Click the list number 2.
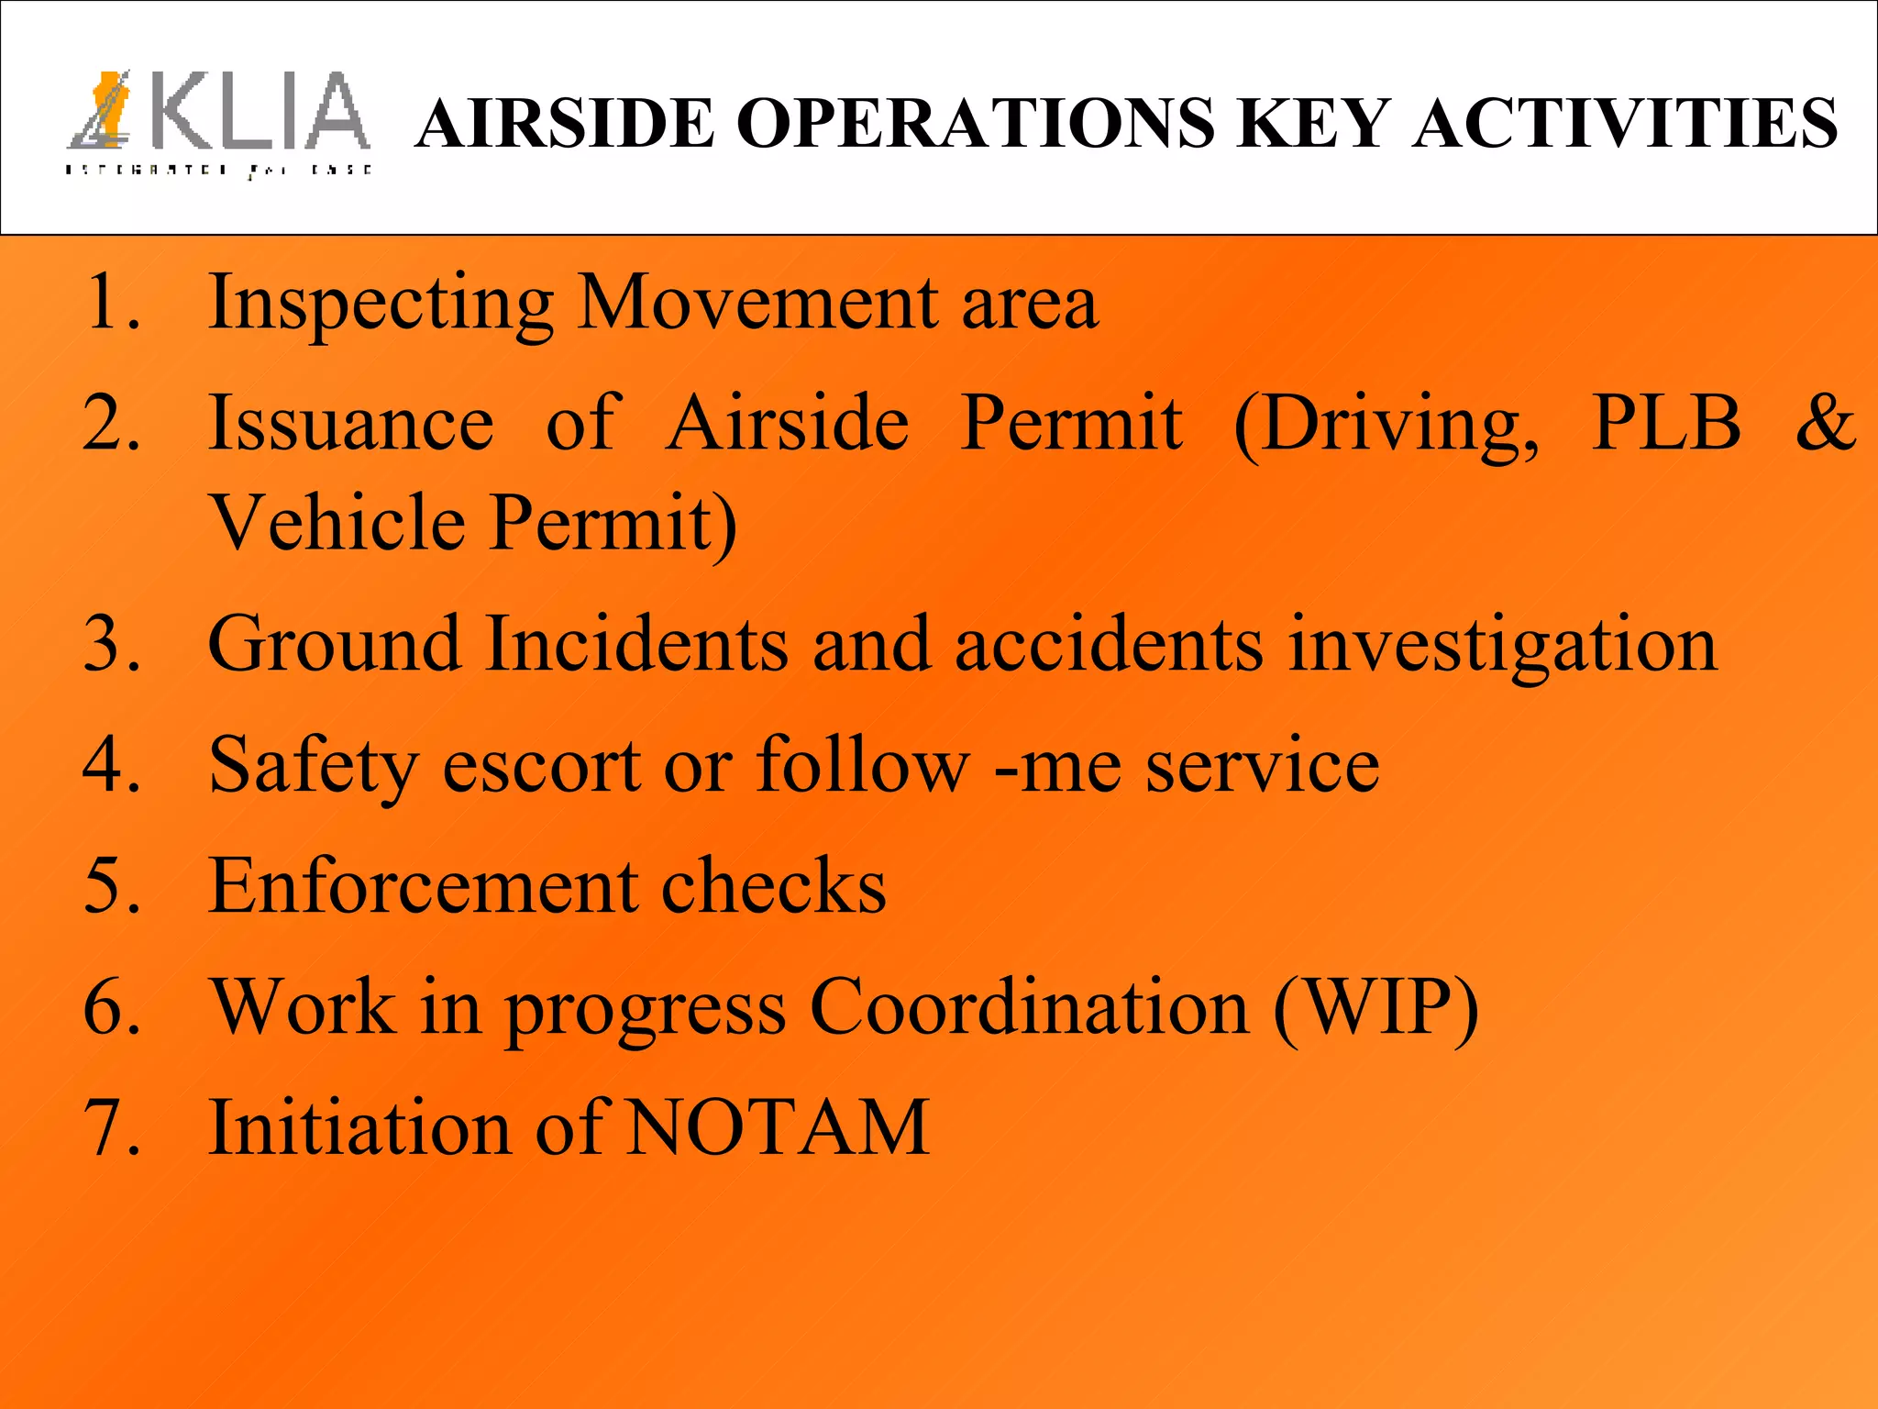[x=110, y=423]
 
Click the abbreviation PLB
[x=1665, y=423]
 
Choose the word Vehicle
[x=338, y=522]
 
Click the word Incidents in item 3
[x=635, y=644]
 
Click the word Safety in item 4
[x=313, y=766]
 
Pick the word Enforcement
[x=423, y=886]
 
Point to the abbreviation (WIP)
[x=1375, y=1007]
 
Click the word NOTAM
[x=777, y=1127]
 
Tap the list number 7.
[x=110, y=1127]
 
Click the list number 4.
[x=110, y=766]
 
